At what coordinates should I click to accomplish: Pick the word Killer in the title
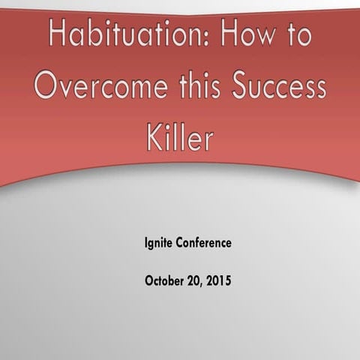(x=179, y=138)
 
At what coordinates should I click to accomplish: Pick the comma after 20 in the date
(x=200, y=286)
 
